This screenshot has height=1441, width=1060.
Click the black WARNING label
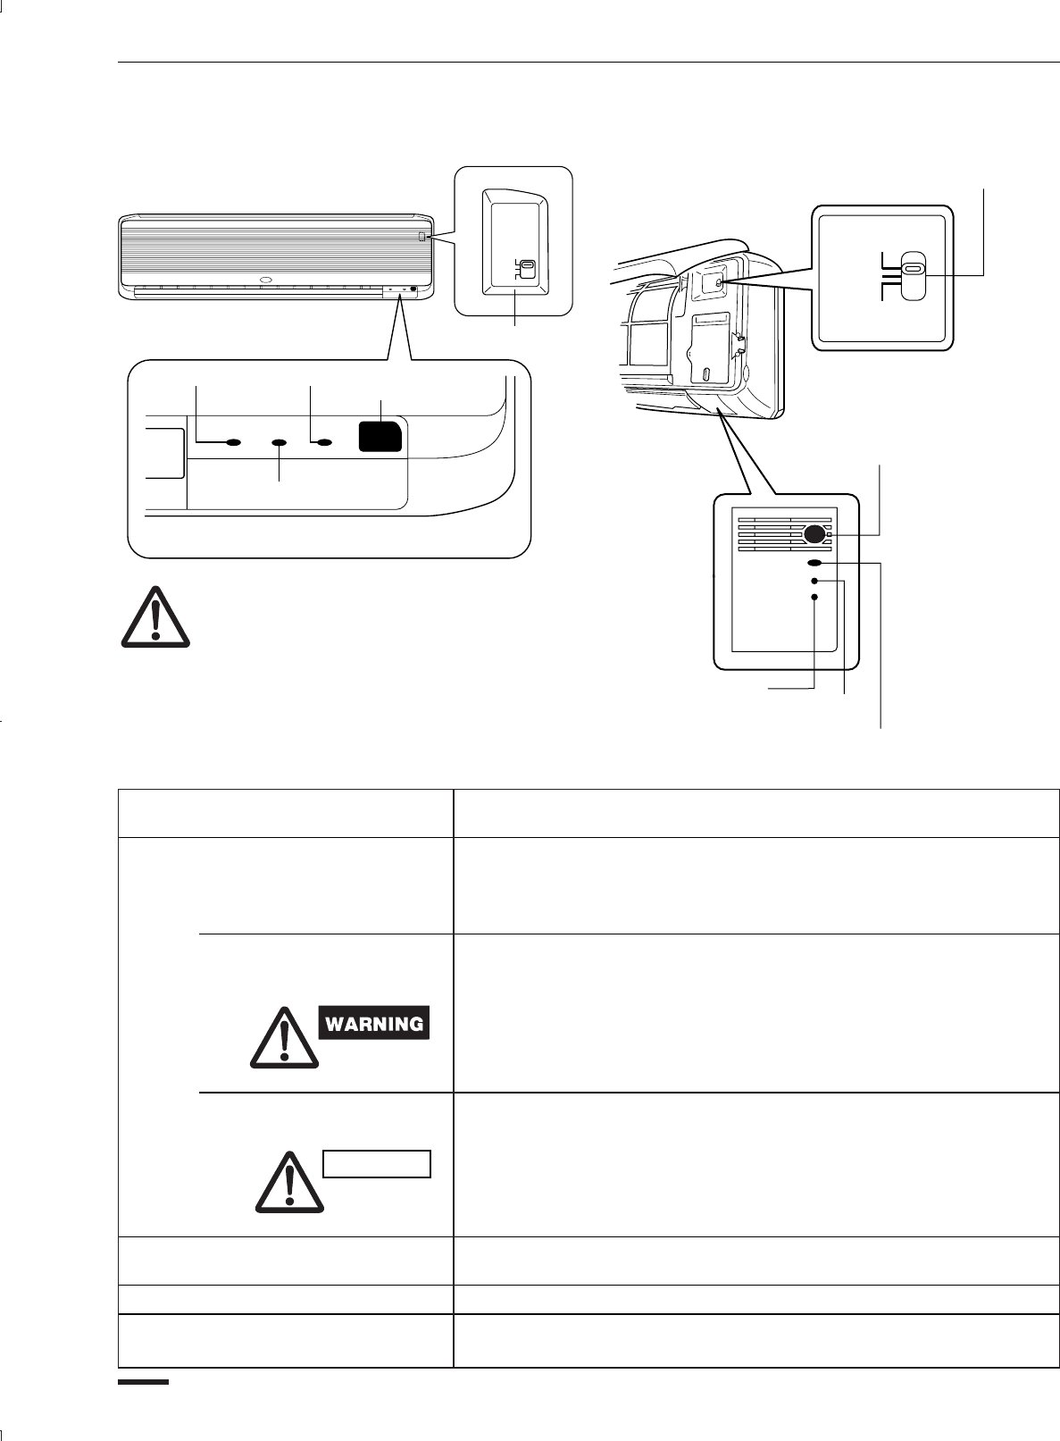(x=373, y=1023)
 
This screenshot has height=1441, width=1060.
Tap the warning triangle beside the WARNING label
(x=284, y=1039)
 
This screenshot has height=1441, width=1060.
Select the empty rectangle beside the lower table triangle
(x=376, y=1164)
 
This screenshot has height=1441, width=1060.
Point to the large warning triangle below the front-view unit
(x=155, y=616)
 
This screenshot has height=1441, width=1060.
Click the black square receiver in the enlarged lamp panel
(x=380, y=437)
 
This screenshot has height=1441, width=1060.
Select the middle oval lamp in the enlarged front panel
(x=280, y=442)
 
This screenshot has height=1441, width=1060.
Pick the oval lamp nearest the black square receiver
(x=325, y=442)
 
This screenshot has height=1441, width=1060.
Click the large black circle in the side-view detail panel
(x=814, y=534)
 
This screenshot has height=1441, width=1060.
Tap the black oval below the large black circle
(x=814, y=564)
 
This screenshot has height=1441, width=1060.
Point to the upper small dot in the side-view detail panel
(x=814, y=581)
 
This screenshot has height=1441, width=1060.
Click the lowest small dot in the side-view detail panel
(x=814, y=597)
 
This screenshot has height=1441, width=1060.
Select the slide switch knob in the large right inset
(x=912, y=275)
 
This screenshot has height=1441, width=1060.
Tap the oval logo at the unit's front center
(x=264, y=280)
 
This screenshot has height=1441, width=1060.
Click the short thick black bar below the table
(x=144, y=1381)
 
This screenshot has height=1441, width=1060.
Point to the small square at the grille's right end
(x=421, y=236)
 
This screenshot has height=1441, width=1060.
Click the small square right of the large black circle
(x=829, y=534)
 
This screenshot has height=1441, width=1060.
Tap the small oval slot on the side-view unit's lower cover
(x=705, y=373)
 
